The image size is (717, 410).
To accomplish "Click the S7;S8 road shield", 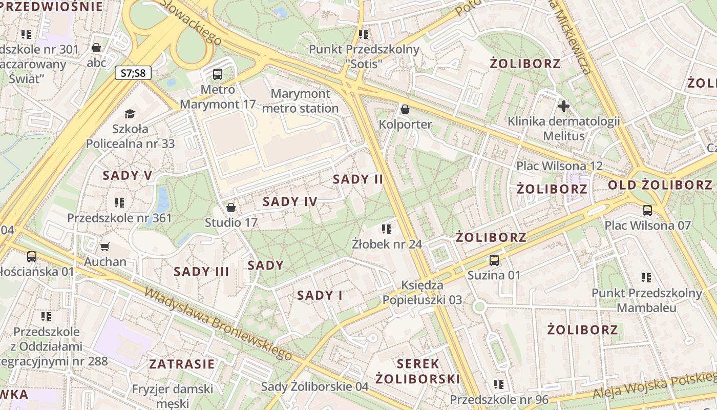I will click(133, 73).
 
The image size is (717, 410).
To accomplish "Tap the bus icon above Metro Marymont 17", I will click(218, 74).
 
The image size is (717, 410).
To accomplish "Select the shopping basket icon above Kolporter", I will click(405, 109).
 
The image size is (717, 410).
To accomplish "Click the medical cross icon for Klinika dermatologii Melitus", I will click(564, 106).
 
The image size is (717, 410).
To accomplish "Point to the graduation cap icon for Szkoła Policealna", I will click(130, 113).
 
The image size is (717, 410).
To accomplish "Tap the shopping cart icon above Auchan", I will click(105, 247).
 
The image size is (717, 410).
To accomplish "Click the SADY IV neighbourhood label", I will click(290, 201).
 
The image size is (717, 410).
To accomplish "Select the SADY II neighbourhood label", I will click(358, 179).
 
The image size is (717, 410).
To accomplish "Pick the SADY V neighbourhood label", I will click(128, 175).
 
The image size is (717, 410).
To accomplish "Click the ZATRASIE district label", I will click(182, 364).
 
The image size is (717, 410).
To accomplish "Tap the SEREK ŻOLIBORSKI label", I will click(418, 372).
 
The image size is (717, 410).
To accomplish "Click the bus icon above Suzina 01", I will click(494, 260).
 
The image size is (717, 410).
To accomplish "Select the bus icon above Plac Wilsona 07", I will click(647, 210).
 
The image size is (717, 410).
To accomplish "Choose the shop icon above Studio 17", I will click(231, 208).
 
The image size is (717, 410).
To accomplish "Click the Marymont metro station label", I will click(300, 101).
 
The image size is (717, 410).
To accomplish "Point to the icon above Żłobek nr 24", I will click(387, 229).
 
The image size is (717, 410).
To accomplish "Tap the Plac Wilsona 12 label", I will click(559, 166).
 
